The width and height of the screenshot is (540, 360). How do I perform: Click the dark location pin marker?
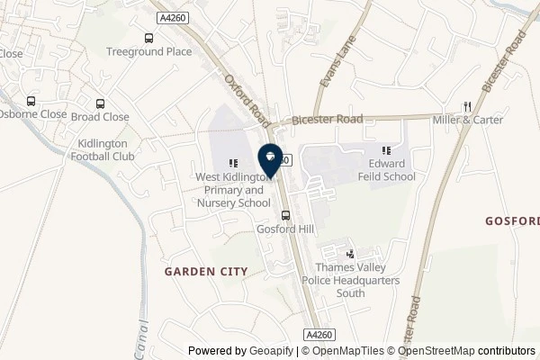tap(270, 157)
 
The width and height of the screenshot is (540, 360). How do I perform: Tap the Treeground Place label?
tap(148, 51)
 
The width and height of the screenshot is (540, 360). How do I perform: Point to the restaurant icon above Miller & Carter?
tap(467, 105)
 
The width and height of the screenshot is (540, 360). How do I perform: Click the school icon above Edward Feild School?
tap(385, 150)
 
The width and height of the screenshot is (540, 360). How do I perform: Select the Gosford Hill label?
tap(285, 229)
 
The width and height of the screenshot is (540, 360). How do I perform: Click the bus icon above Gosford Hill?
tap(285, 215)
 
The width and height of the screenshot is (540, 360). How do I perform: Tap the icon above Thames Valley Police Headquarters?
tap(351, 255)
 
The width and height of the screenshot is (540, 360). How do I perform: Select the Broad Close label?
tap(100, 117)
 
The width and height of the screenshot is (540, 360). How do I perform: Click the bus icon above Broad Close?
tap(100, 103)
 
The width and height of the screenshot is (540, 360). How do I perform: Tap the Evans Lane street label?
tap(333, 67)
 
